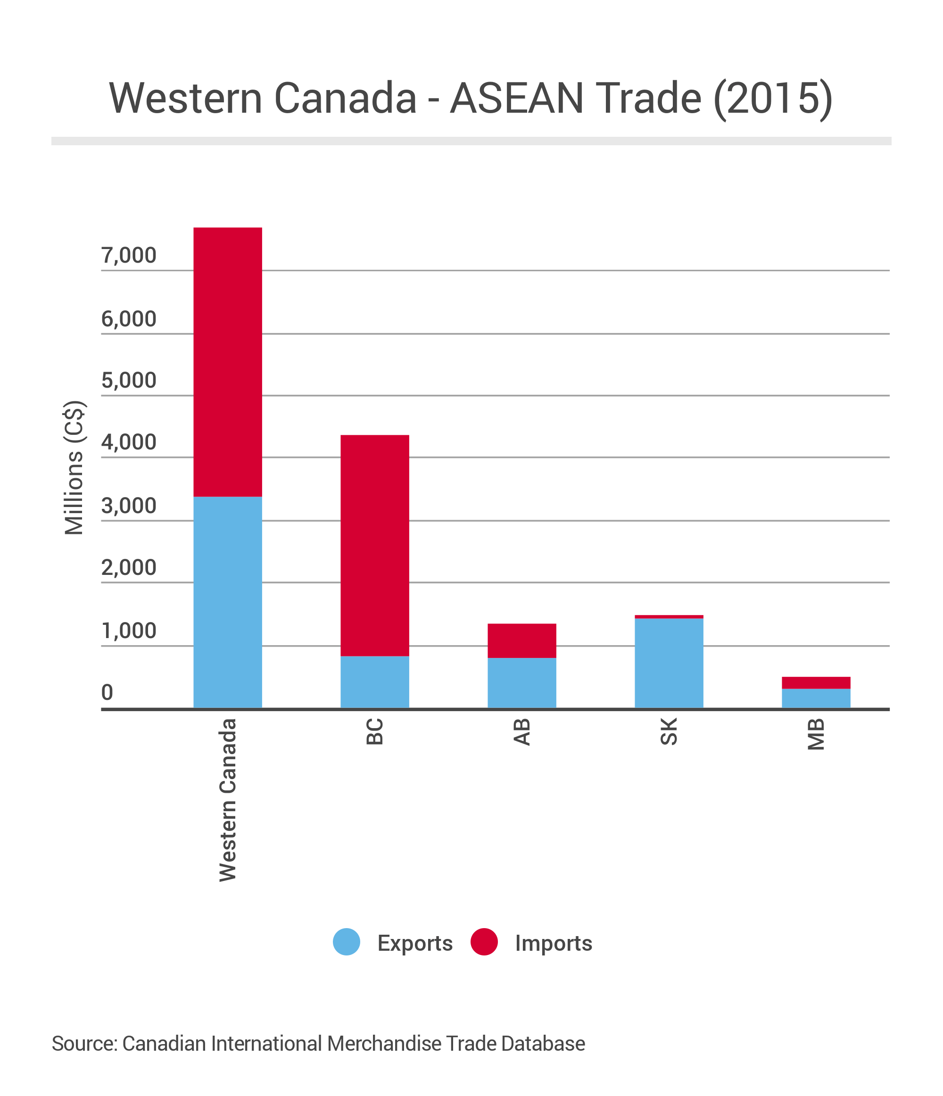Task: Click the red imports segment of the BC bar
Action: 374,545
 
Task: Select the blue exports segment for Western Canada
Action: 227,602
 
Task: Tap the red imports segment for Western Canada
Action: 227,362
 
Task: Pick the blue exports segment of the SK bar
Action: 669,663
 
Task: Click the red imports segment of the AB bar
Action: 521,640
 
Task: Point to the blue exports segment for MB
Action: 816,698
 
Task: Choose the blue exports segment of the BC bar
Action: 374,682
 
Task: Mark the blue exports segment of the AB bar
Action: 521,683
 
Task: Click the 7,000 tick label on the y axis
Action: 129,256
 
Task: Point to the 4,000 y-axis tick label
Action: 129,442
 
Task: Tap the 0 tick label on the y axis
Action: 108,692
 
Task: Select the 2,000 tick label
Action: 129,568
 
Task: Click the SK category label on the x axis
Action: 669,731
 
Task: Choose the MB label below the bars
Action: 816,734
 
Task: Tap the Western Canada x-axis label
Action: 228,800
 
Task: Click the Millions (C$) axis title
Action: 74,468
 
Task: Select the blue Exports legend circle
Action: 347,943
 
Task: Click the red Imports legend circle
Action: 484,943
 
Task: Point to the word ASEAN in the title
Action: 516,99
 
